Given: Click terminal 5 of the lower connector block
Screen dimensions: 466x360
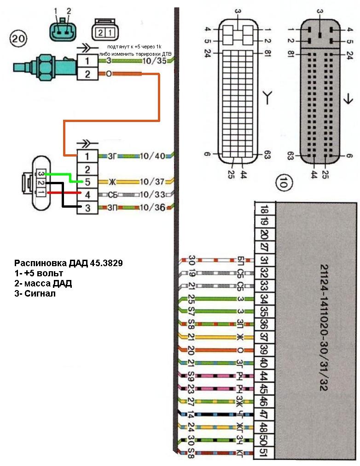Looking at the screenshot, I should tap(87, 182).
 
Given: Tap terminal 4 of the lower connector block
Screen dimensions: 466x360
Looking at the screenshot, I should tap(87, 195).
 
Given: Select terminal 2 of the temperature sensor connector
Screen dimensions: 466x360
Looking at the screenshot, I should tap(87, 73).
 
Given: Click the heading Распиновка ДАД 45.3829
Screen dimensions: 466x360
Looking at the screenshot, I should tap(69, 264).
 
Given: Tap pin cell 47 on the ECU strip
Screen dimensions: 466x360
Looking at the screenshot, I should tap(265, 413).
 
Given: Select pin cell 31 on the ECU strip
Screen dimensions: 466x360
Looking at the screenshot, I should tap(265, 260).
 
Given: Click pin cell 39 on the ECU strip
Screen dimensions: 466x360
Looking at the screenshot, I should tap(265, 349).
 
